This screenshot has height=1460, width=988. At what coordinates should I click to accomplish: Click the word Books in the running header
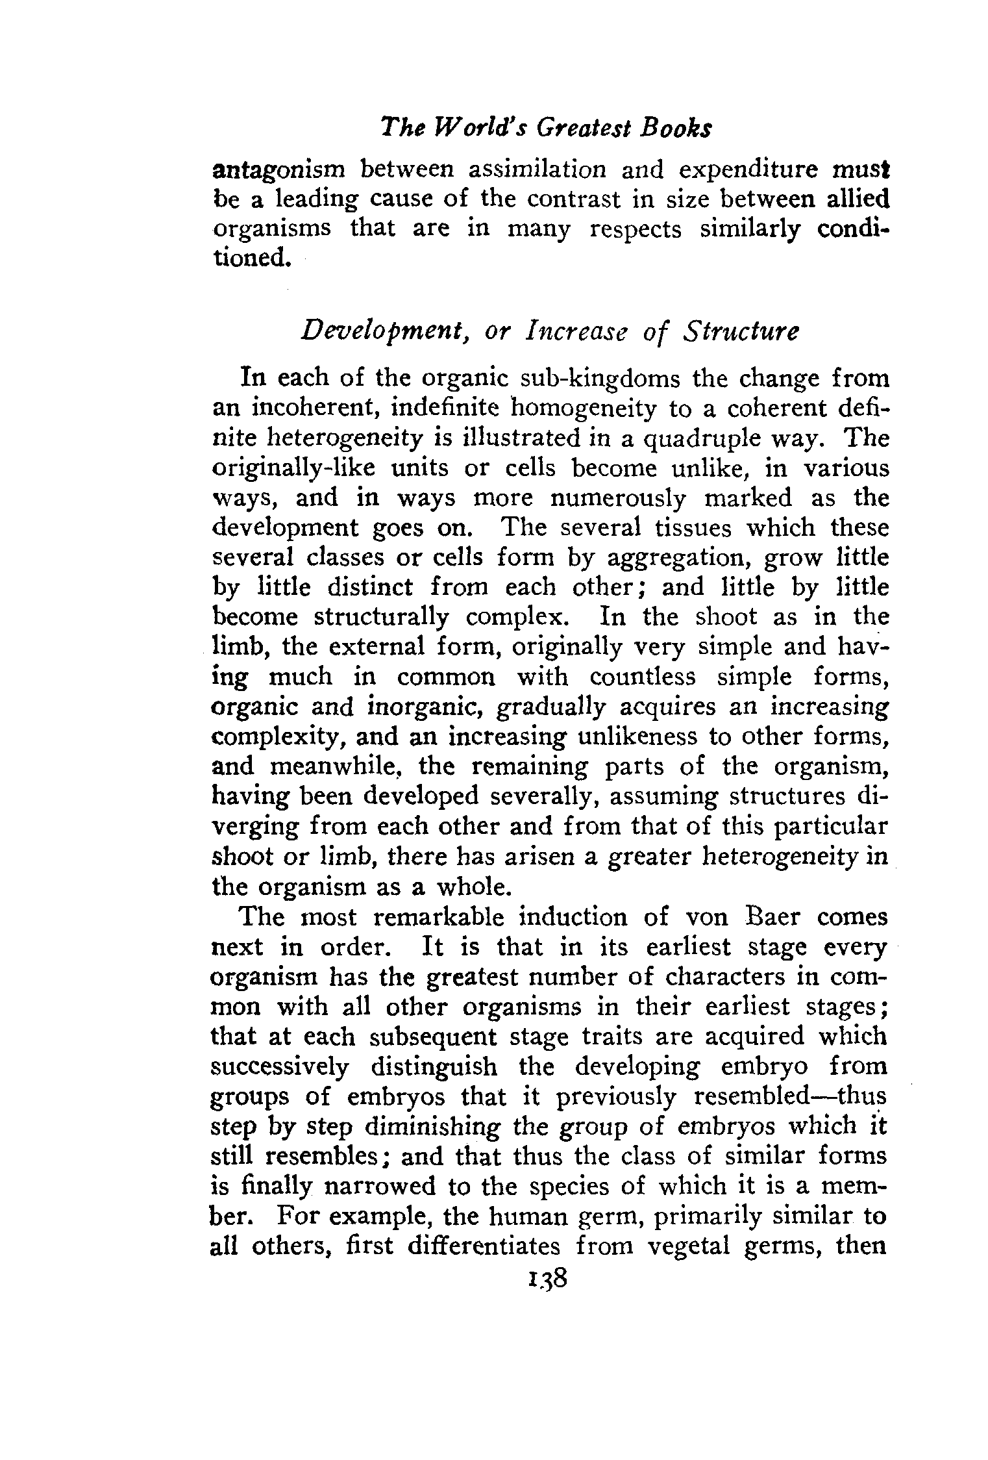(x=676, y=128)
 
